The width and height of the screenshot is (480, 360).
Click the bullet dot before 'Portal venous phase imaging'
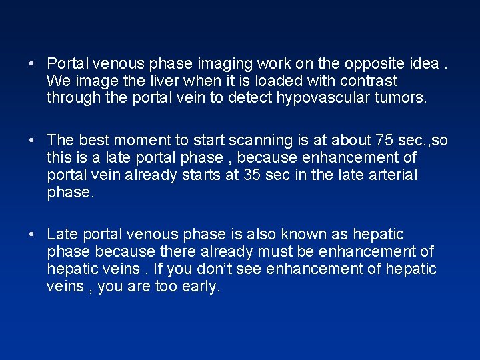[32, 65]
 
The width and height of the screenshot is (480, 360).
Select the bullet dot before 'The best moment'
[32, 141]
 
